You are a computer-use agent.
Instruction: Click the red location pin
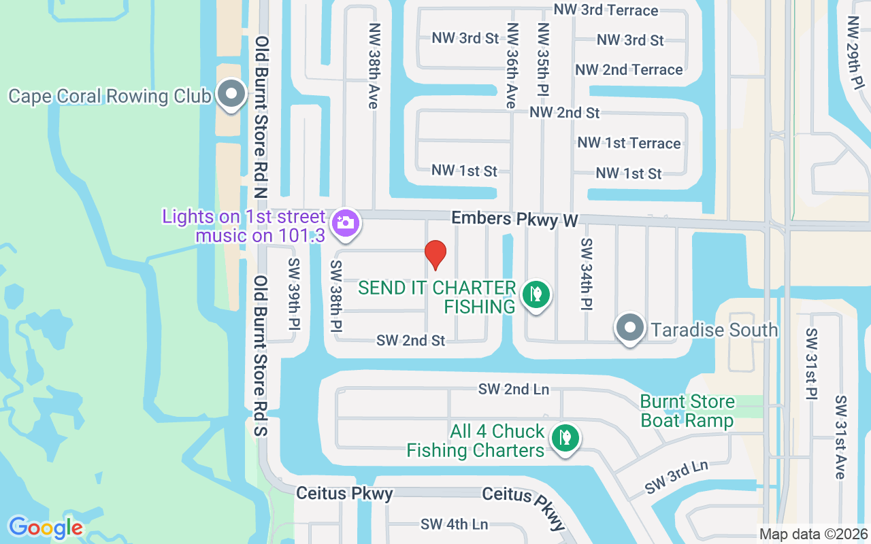[435, 254]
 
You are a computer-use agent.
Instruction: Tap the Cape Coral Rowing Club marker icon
[231, 94]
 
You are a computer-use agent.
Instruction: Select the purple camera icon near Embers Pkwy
[346, 222]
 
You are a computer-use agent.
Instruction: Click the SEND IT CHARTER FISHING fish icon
[536, 294]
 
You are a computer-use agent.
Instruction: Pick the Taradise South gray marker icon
[630, 328]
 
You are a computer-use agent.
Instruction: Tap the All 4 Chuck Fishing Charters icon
[564, 437]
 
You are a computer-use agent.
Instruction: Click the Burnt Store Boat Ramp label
[687, 411]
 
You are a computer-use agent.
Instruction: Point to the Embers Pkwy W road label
[515, 220]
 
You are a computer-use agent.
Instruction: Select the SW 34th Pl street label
[587, 275]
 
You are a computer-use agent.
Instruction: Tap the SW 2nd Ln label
[514, 389]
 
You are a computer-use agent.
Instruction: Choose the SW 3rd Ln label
[676, 477]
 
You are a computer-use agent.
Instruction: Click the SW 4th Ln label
[454, 524]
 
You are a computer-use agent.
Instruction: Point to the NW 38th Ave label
[374, 66]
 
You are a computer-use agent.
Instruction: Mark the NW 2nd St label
[565, 112]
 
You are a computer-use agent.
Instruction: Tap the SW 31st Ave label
[841, 437]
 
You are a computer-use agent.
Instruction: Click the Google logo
[46, 527]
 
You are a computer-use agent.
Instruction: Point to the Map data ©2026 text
[813, 534]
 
